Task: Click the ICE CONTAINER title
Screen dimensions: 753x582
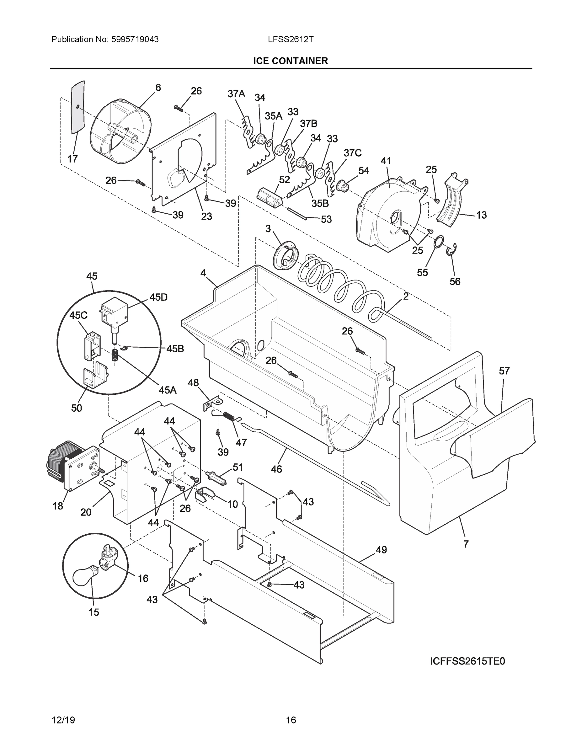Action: tap(290, 61)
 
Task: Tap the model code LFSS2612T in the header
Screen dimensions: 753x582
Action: tap(290, 40)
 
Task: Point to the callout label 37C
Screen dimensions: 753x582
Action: tap(352, 153)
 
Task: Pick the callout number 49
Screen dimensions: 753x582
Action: tap(381, 550)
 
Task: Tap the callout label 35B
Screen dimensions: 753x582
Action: tap(320, 203)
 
